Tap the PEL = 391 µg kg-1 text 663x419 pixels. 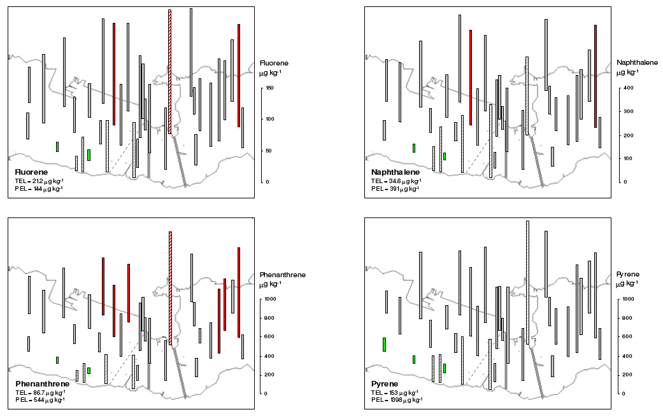click(395, 189)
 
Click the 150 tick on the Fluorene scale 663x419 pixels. click(269, 88)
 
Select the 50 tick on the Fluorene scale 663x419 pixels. click(268, 151)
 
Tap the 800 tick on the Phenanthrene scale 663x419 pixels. click(271, 318)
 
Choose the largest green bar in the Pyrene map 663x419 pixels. click(385, 344)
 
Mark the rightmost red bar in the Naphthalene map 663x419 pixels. click(595, 76)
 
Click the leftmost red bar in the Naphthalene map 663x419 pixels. click(471, 77)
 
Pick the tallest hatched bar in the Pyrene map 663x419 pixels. click(528, 282)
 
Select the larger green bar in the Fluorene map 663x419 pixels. click(89, 155)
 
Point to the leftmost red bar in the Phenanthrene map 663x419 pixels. click(103, 286)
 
